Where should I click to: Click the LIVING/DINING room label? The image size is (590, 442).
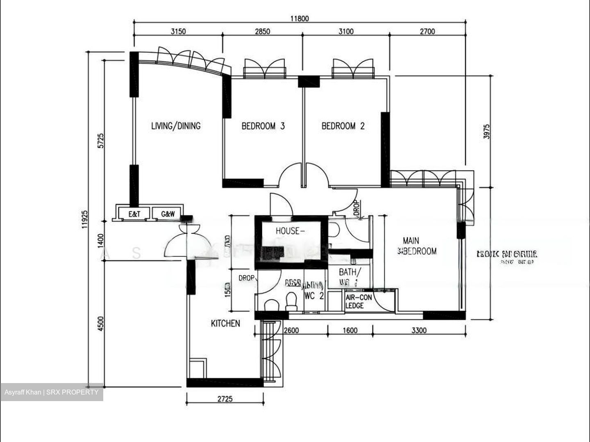pos(176,126)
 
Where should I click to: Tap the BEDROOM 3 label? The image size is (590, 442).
pos(263,126)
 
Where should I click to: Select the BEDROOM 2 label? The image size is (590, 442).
pos(343,126)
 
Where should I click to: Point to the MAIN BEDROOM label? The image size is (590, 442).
pos(417,246)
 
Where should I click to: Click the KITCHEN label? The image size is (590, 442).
pos(225,323)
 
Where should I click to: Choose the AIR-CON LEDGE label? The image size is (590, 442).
pos(359,302)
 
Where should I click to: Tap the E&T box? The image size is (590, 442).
pos(134,214)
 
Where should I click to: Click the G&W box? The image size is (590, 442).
pos(168,214)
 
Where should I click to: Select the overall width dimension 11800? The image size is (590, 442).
pos(300,18)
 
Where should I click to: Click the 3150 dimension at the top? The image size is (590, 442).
pos(178,32)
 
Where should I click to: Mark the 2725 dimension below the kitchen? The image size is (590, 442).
pos(225,398)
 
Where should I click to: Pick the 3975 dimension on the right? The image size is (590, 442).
pos(486,131)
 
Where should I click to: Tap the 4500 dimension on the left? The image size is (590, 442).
pos(101,324)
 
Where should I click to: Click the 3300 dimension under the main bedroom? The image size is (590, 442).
pos(419,330)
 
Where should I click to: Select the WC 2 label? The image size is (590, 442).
pos(314,295)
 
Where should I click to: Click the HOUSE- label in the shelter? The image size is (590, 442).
pos(290,231)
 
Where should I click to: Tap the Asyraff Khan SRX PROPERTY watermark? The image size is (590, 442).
pos(52,392)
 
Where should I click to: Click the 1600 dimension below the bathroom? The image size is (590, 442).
pos(349,330)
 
